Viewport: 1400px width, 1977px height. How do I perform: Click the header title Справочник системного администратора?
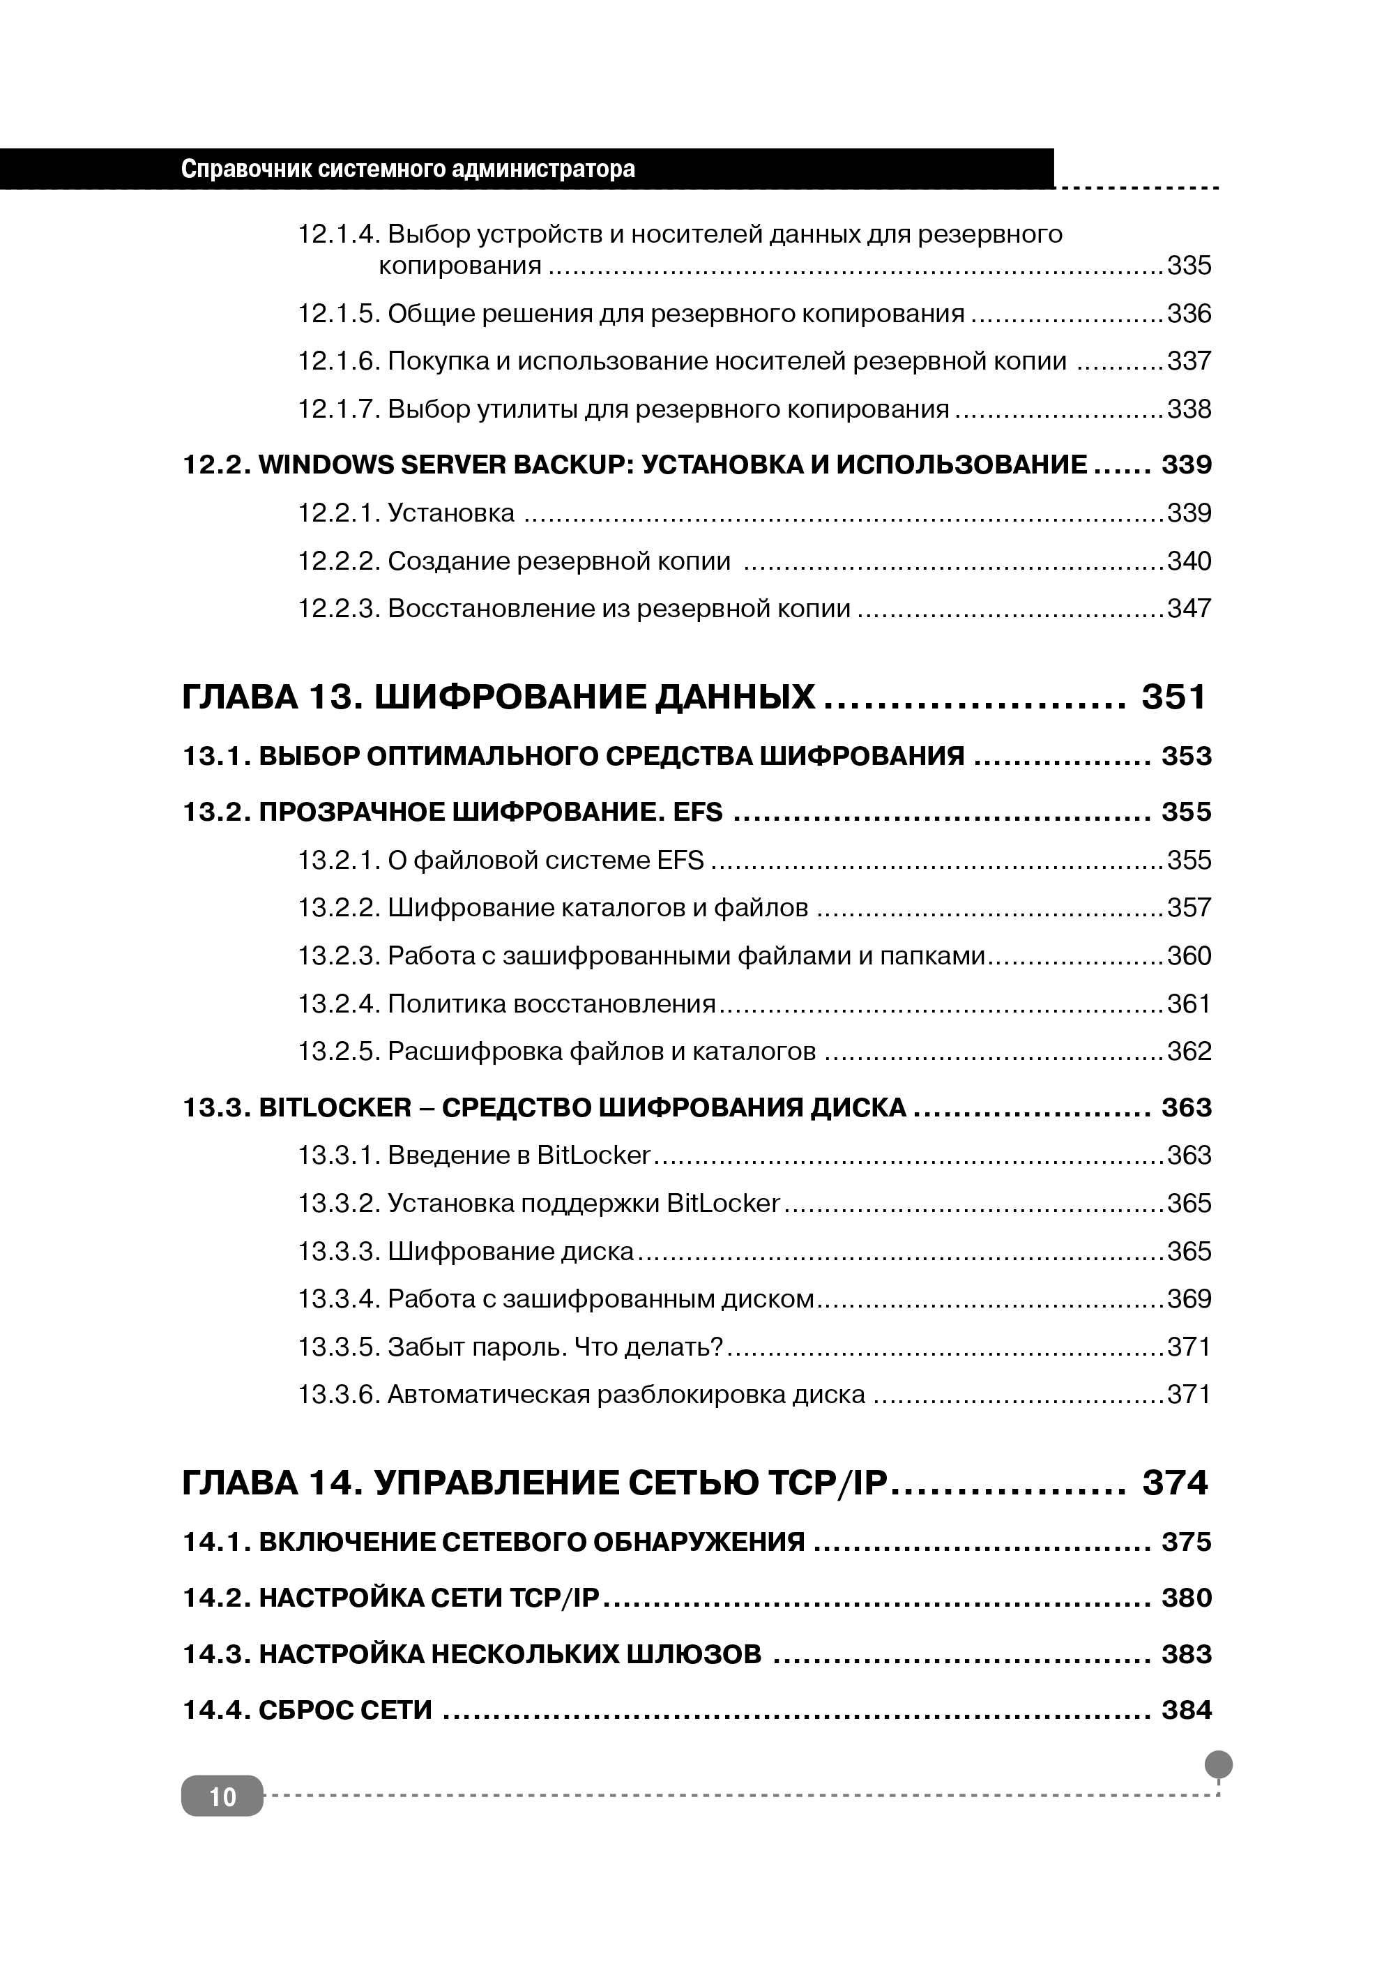tap(408, 169)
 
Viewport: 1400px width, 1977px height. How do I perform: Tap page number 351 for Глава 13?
tap(1174, 697)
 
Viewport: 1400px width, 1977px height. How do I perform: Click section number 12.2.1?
tap(339, 513)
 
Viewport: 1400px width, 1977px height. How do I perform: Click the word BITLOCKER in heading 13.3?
tap(335, 1108)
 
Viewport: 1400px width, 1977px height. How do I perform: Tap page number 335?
tap(1189, 266)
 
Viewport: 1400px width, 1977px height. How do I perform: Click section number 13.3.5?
tap(339, 1346)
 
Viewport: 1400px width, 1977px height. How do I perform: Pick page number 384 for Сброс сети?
tap(1186, 1710)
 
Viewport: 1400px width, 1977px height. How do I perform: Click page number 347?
tap(1189, 609)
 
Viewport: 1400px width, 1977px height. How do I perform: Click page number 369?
tap(1189, 1298)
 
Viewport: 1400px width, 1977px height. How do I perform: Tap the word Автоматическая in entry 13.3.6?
tap(488, 1394)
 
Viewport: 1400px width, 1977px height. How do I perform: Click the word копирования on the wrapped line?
tap(460, 266)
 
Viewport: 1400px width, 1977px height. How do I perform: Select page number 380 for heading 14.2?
tap(1186, 1598)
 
